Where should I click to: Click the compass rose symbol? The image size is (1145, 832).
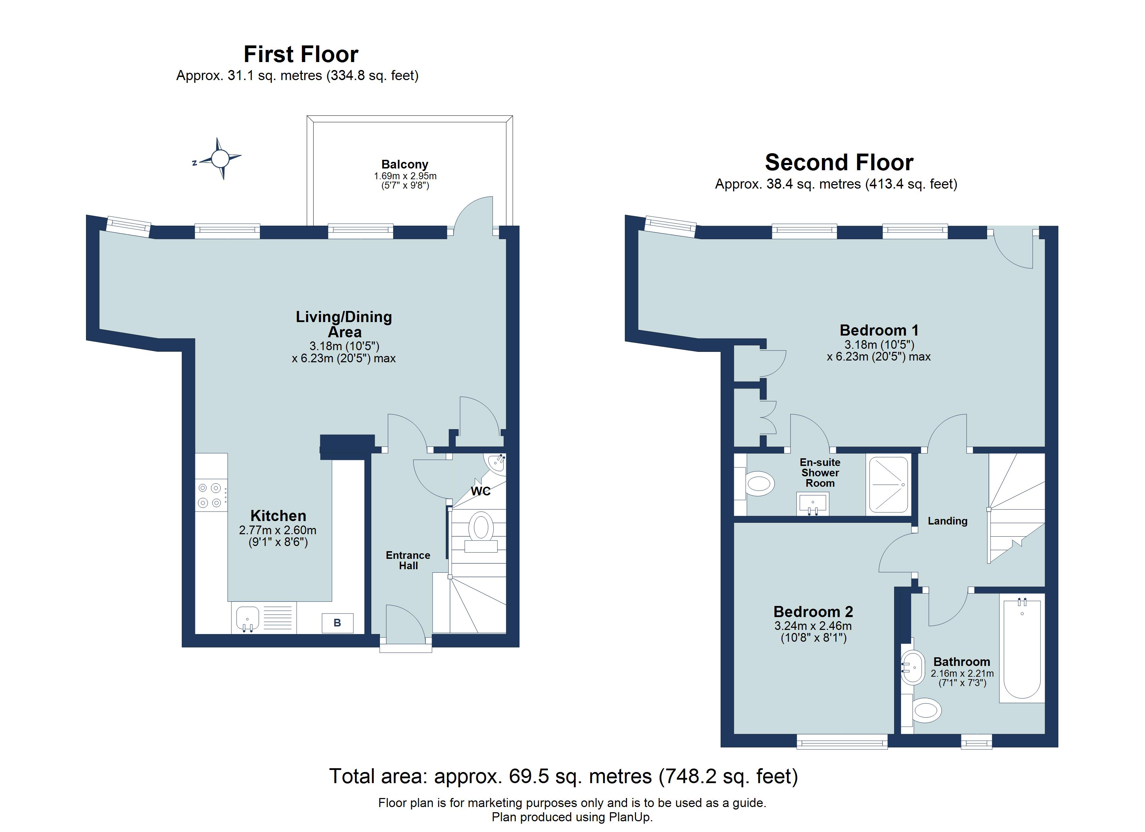pos(220,159)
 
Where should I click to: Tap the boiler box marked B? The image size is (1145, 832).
pos(337,623)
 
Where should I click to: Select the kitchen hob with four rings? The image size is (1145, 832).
pos(211,495)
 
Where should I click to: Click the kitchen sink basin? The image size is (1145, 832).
pos(247,618)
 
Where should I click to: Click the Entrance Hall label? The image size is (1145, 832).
pos(408,560)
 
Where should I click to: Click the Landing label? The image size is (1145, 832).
pos(947,521)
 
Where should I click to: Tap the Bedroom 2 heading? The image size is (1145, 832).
pos(813,612)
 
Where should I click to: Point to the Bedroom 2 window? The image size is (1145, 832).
pos(842,741)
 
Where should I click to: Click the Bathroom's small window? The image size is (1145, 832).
pos(976,741)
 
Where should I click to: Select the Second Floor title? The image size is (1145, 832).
pos(839,163)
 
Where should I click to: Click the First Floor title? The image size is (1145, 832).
pos(301,54)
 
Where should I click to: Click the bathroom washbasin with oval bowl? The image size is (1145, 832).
pos(913,668)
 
